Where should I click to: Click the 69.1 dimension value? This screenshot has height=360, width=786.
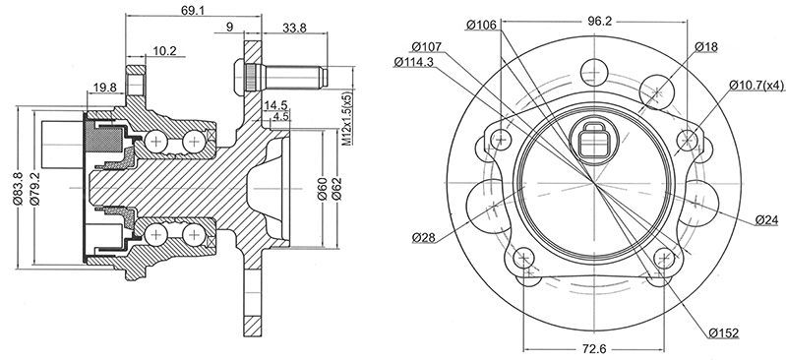(193, 10)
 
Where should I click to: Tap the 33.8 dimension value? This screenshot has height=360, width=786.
(295, 29)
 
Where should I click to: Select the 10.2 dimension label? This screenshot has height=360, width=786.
(164, 50)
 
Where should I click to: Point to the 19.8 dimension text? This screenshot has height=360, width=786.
(104, 88)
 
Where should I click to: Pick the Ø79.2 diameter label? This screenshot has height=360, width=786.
(34, 188)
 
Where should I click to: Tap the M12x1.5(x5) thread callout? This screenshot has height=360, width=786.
(348, 118)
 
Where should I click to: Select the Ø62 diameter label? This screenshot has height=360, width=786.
(336, 189)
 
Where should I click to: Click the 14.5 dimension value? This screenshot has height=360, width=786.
(275, 105)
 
